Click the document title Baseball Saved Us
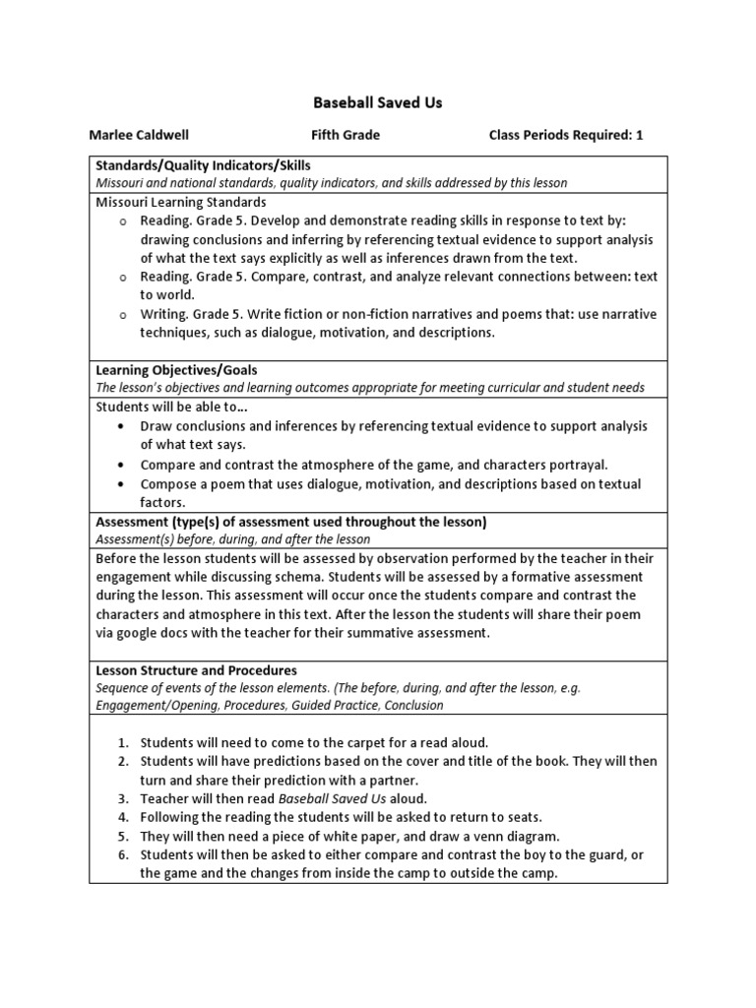(x=378, y=101)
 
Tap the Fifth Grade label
(x=346, y=135)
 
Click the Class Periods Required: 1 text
(x=565, y=135)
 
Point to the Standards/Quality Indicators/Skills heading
(x=203, y=165)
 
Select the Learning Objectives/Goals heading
(x=176, y=370)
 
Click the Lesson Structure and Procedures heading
(x=196, y=670)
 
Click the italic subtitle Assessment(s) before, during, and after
(x=232, y=539)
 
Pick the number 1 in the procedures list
(x=123, y=742)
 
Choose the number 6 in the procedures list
(x=123, y=854)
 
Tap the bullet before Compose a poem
(x=119, y=484)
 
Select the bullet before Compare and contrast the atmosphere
(x=119, y=465)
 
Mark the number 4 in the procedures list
(x=123, y=817)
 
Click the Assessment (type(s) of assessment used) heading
(x=290, y=522)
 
